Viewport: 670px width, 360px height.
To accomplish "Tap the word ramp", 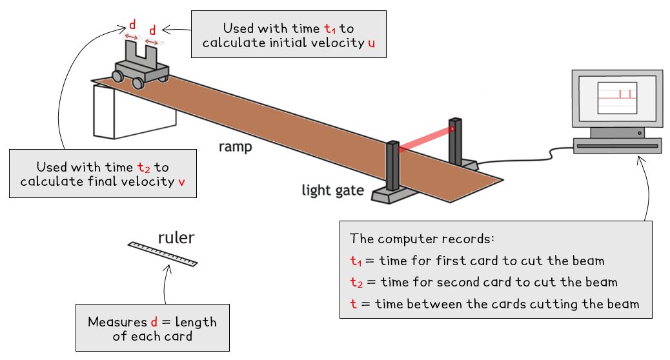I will pyautogui.click(x=235, y=147).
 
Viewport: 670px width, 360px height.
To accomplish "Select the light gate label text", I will pyautogui.click(x=332, y=190).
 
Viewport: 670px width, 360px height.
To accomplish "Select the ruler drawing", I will pyautogui.click(x=163, y=254).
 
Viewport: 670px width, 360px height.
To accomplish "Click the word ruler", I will pyautogui.click(x=176, y=237).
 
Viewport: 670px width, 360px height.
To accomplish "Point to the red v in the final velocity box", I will pyautogui.click(x=181, y=182).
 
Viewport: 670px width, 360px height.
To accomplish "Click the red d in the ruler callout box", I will pyautogui.click(x=154, y=322).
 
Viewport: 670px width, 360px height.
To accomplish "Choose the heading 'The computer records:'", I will pyautogui.click(x=422, y=238).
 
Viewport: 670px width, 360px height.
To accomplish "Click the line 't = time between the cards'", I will pyautogui.click(x=494, y=304).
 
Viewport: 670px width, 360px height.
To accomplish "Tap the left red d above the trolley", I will pyautogui.click(x=132, y=25).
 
